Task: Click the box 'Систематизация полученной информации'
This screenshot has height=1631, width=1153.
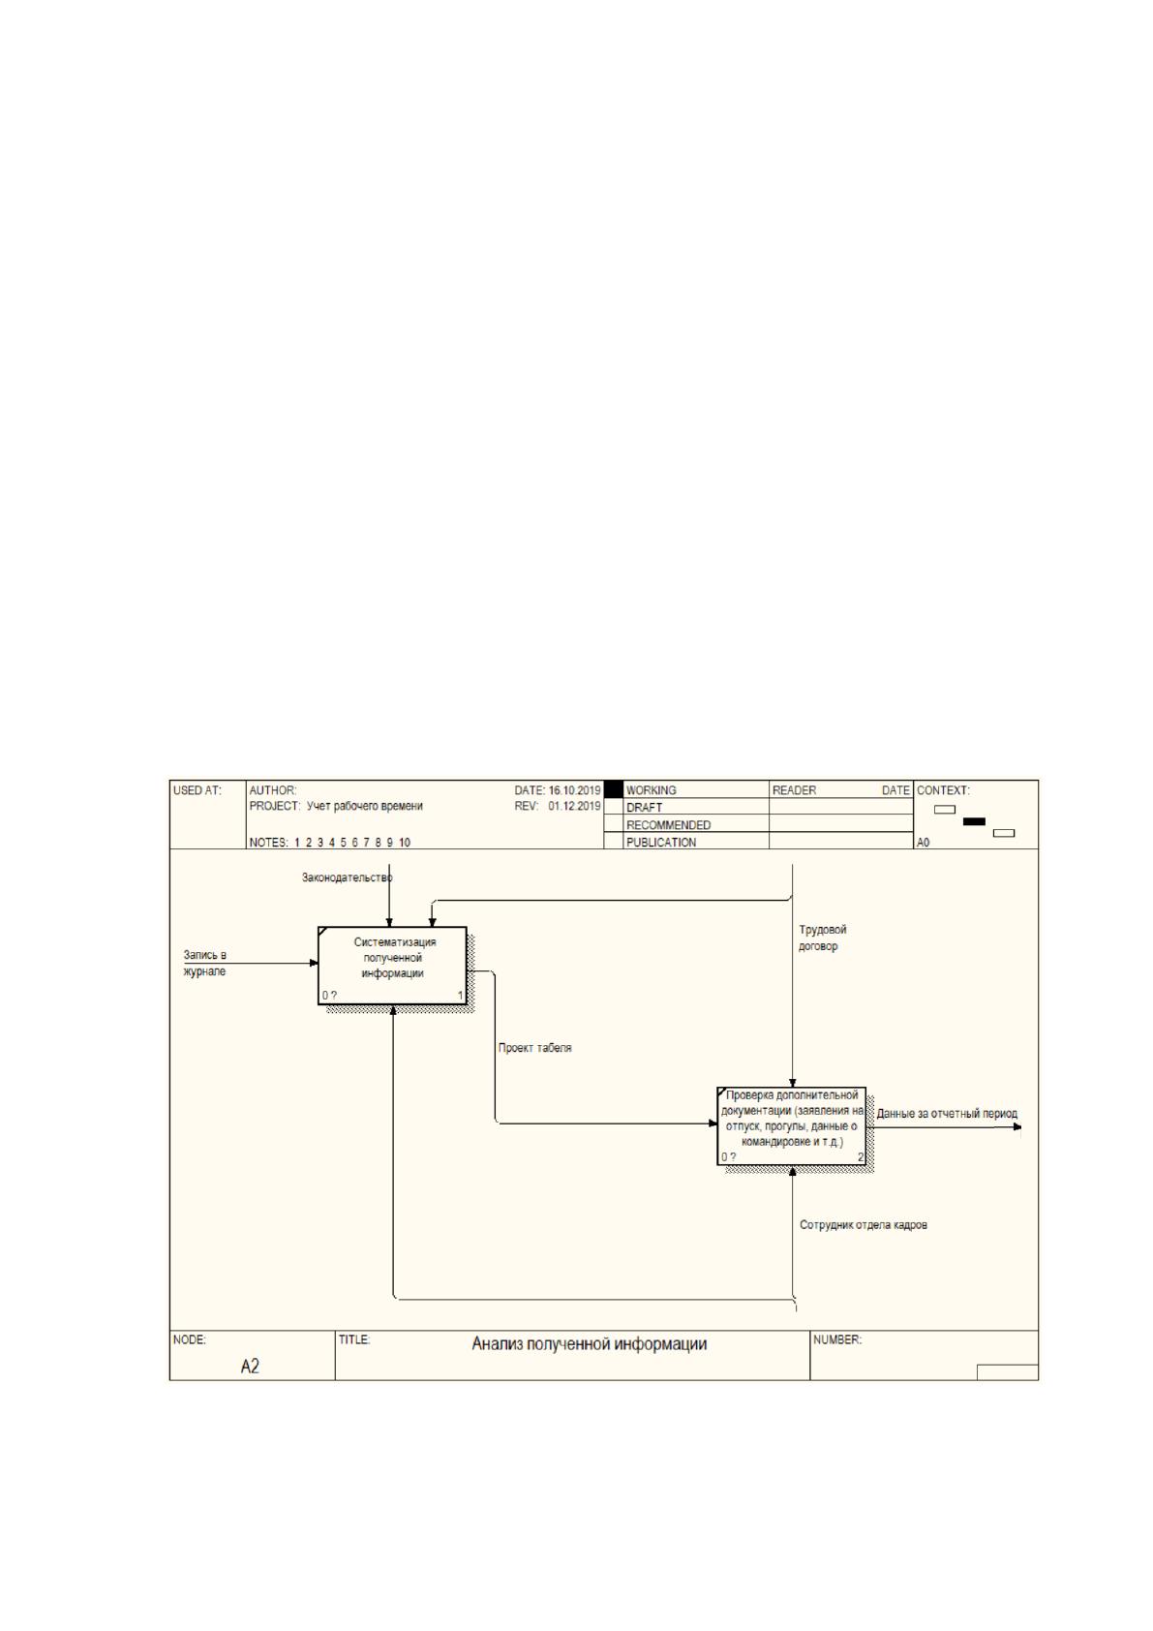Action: tap(392, 966)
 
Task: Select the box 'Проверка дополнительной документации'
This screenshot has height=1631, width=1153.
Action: tap(791, 1125)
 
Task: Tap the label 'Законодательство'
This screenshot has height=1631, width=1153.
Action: tap(348, 878)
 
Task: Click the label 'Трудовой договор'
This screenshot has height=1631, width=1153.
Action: tap(823, 938)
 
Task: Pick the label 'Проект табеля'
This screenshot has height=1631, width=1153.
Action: tap(535, 1048)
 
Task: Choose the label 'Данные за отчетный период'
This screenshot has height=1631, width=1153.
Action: tap(946, 1113)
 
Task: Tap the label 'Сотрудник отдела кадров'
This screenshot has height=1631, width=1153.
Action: tap(864, 1225)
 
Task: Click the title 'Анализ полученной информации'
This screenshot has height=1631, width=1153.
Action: tap(589, 1343)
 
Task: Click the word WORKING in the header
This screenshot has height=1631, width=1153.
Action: tap(651, 790)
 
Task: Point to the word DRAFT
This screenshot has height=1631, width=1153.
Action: tap(644, 808)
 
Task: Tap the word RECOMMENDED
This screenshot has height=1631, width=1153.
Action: tap(668, 825)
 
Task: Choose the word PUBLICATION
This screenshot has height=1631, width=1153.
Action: tap(661, 843)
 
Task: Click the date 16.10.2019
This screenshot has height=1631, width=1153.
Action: tap(574, 790)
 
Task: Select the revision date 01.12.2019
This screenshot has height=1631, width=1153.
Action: tap(574, 806)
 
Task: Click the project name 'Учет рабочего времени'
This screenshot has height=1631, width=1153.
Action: tap(365, 806)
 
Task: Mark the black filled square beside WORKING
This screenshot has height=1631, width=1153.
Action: tap(614, 789)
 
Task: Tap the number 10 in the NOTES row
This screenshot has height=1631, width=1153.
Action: tap(404, 843)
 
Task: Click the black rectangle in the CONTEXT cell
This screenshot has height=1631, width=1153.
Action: tap(974, 821)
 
